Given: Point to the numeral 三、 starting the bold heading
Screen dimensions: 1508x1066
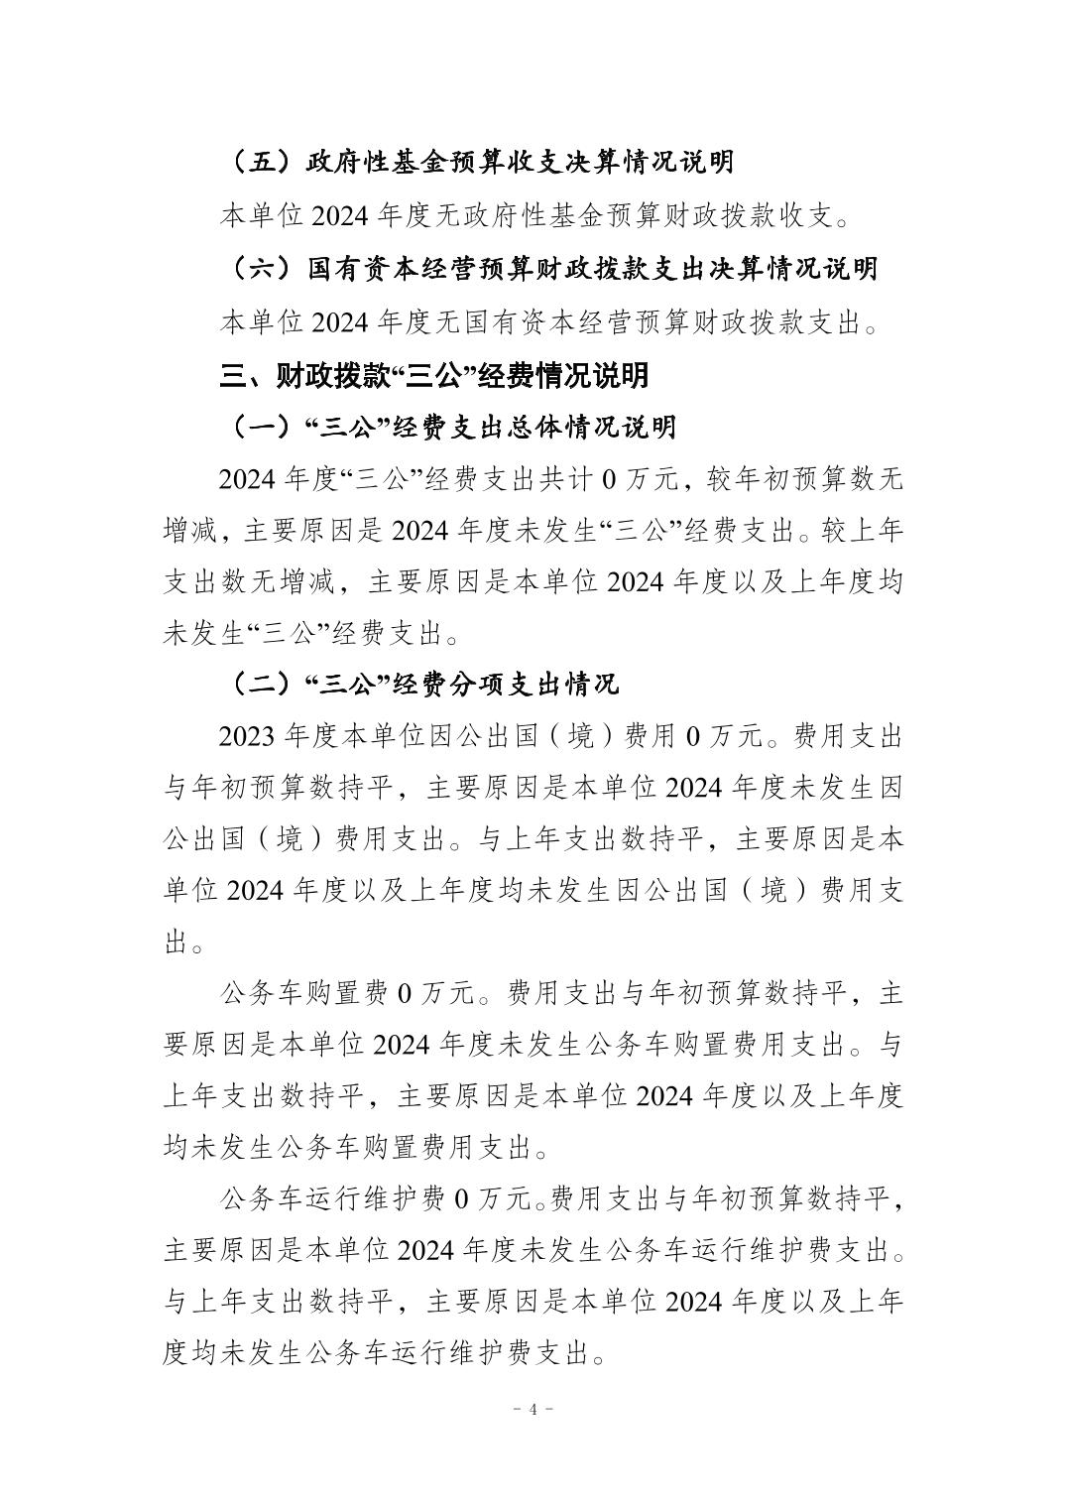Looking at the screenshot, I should coord(233,376).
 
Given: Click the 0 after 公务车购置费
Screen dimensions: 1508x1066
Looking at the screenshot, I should coord(404,993).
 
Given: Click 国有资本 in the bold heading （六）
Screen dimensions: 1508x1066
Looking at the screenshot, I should coord(361,269).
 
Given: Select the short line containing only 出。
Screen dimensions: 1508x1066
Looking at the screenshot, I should coord(183,942).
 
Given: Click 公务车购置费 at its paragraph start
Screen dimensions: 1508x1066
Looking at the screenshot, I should coord(303,993).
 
